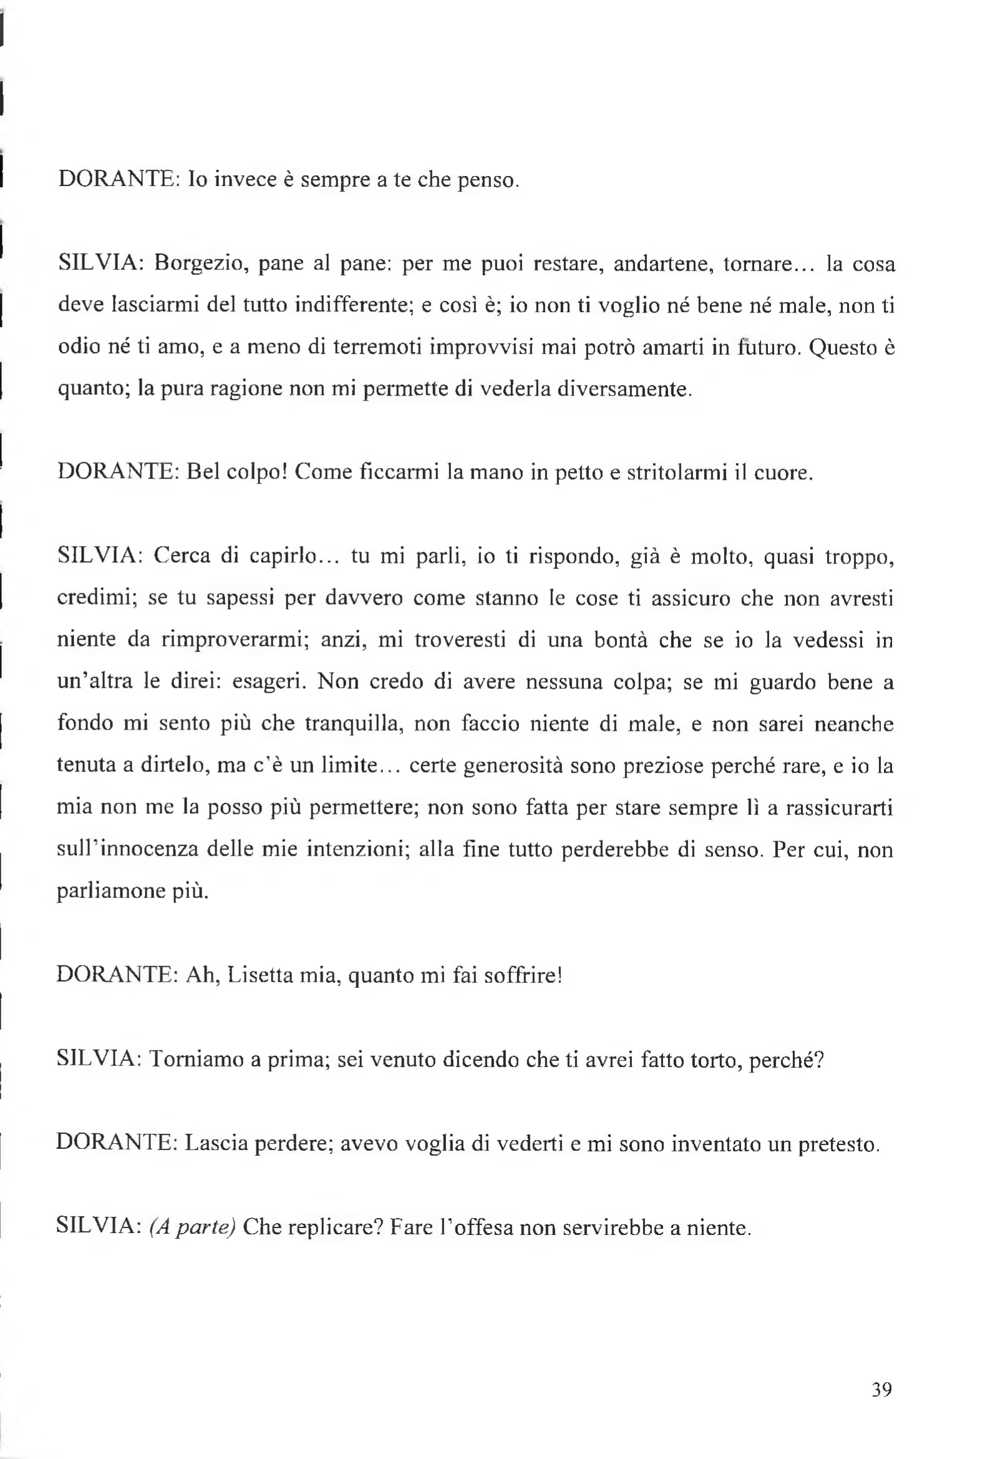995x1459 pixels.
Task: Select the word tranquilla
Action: pyautogui.click(x=355, y=724)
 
